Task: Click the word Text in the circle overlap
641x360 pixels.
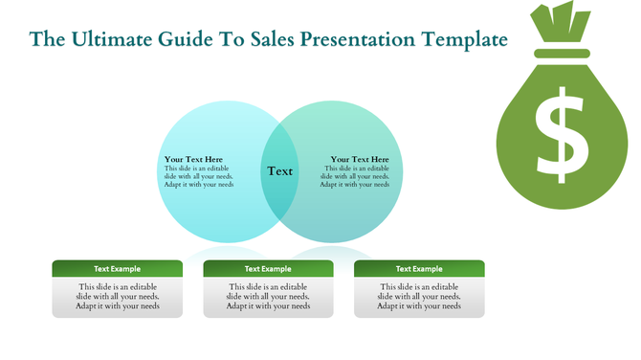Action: [280, 171]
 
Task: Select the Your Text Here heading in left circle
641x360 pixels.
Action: [193, 159]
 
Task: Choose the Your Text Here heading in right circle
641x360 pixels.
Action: [360, 159]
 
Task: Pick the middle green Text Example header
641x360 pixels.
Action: [268, 269]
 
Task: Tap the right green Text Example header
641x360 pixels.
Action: [419, 269]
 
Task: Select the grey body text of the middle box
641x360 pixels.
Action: [268, 297]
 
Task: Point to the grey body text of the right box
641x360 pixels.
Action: [419, 297]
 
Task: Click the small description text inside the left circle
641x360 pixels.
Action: [199, 176]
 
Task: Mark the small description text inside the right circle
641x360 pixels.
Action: [355, 176]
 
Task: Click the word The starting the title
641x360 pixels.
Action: [46, 40]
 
